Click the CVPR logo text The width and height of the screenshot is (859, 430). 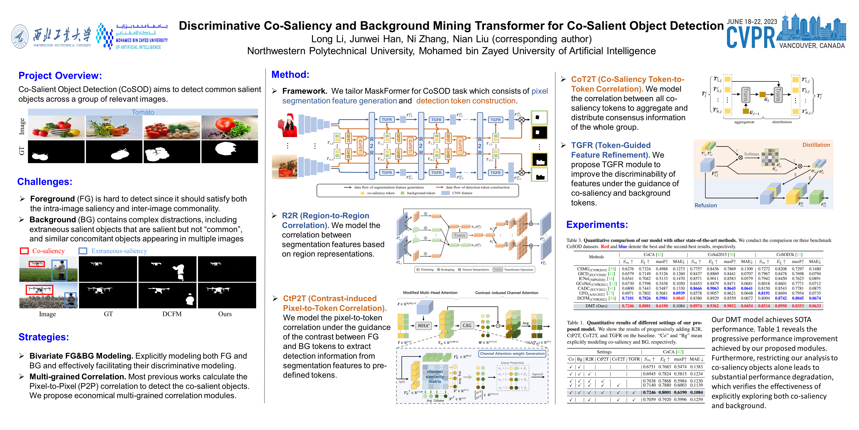(x=751, y=37)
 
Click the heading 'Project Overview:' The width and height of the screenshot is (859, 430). (x=60, y=76)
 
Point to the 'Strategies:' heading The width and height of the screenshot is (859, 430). (x=44, y=337)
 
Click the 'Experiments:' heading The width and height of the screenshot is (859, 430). (x=597, y=225)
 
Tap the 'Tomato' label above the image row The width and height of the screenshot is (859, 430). (x=143, y=112)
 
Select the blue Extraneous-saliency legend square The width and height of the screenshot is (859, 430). (x=83, y=251)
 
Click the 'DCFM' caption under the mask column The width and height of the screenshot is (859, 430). (x=172, y=314)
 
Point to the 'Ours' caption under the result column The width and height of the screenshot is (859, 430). (x=225, y=314)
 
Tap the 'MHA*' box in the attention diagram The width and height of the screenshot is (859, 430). (x=424, y=325)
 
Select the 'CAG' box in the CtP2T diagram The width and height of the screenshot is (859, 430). (x=467, y=325)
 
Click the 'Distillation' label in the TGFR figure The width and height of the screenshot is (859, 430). (x=816, y=145)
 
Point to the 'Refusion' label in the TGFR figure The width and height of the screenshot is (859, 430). (x=706, y=205)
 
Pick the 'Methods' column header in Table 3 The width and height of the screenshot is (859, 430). (x=596, y=257)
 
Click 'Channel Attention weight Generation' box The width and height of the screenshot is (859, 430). (x=512, y=353)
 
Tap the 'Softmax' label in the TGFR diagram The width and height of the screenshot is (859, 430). (x=751, y=154)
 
